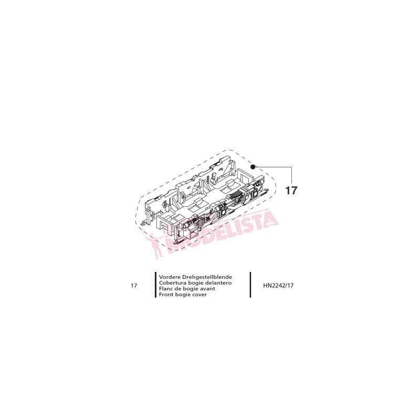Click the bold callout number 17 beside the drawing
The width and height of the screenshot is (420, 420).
[291, 191]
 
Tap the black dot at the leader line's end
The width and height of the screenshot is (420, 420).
[253, 167]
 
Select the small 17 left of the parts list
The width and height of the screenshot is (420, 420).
[134, 286]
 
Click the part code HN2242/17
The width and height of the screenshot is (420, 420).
[278, 286]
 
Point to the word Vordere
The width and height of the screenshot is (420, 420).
[169, 276]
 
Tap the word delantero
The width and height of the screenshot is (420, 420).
[219, 282]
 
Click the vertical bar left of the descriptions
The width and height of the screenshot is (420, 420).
[155, 286]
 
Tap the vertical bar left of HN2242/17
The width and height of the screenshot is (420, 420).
[250, 286]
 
